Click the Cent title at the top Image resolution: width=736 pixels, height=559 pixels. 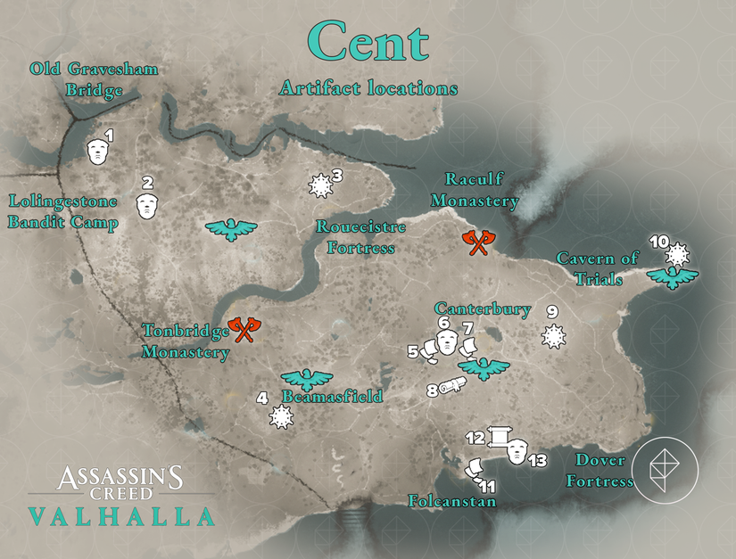pos(368,42)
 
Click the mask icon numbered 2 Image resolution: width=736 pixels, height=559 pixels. pos(146,203)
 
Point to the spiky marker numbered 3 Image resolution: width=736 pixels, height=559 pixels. pos(318,185)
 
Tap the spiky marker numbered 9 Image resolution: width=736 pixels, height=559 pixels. pos(554,336)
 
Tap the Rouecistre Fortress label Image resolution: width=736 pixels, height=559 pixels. pos(360,237)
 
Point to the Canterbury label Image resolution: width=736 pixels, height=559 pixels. pos(483,310)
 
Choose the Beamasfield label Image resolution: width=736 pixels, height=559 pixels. pos(333,397)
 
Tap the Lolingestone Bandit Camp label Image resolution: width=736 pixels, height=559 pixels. pos(62,210)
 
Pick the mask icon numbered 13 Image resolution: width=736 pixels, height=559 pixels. pos(517,452)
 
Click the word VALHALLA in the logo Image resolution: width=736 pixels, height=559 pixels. pos(120,516)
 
